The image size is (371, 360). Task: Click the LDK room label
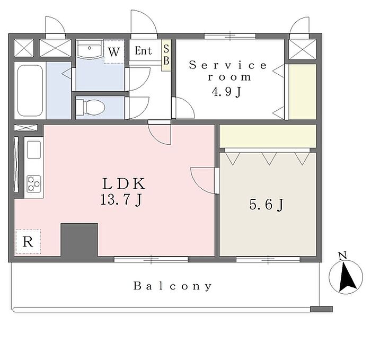(x=123, y=184)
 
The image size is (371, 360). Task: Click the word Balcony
(x=173, y=286)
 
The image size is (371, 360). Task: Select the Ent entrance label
(x=143, y=51)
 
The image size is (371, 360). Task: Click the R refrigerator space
(x=28, y=242)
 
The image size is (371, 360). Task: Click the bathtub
(x=30, y=92)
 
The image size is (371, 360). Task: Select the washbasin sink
(x=90, y=51)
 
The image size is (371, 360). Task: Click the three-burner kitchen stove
(x=34, y=183)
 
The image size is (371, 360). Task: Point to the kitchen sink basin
(x=34, y=150)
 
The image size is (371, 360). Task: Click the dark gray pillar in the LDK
(x=79, y=240)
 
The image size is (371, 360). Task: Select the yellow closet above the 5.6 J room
(x=268, y=137)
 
